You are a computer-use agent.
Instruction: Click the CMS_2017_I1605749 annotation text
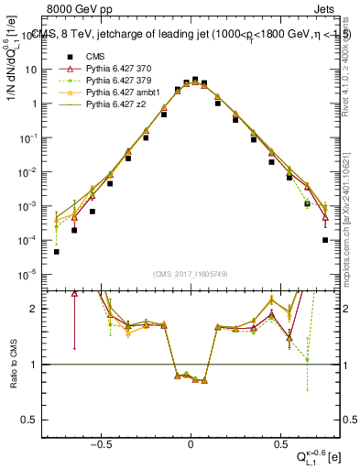(190, 274)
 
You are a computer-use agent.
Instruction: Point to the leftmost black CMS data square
(56, 252)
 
